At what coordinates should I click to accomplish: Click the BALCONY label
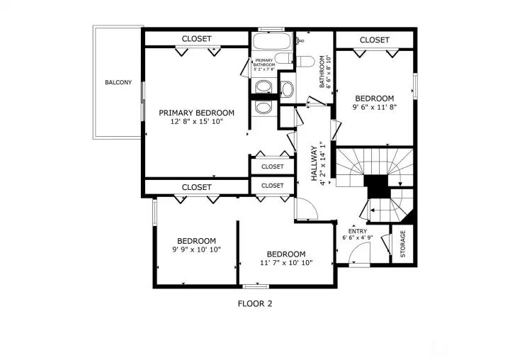point(118,83)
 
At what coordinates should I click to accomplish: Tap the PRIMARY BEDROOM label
point(196,113)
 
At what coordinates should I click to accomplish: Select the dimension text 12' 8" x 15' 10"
point(196,122)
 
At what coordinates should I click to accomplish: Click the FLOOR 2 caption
point(254,303)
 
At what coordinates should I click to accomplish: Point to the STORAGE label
point(403,244)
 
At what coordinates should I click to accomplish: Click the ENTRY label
point(358,231)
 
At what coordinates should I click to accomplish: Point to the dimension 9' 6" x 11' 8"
point(374,108)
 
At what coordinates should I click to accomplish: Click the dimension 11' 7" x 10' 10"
point(285,263)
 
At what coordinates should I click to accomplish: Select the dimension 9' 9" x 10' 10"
point(196,249)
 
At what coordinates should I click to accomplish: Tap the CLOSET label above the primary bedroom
point(196,39)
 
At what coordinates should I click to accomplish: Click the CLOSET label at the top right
point(374,40)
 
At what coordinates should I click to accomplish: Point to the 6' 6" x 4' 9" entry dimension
point(358,238)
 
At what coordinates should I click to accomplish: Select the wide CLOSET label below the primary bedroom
point(196,187)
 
